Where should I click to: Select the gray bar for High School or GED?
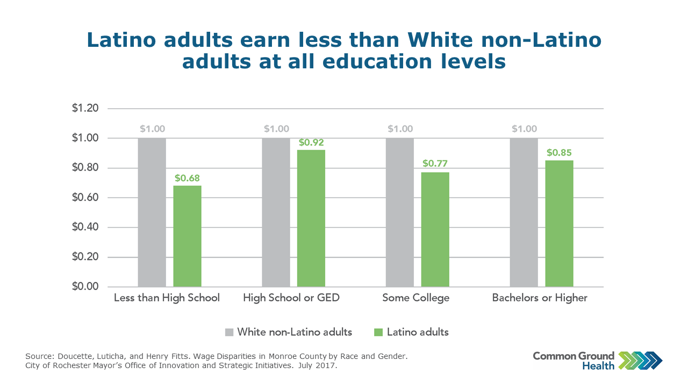coord(276,212)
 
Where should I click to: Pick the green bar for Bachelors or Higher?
coord(559,223)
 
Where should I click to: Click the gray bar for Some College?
coord(400,212)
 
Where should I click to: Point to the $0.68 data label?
coord(187,178)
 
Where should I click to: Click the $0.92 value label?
coord(311,143)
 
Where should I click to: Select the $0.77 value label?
coord(435,163)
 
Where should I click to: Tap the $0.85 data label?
coord(559,152)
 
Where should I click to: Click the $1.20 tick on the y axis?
coord(85,109)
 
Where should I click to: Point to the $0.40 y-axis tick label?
coord(85,228)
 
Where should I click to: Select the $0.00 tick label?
coord(85,287)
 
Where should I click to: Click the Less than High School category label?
coord(167,298)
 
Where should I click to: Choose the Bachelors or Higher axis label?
coord(540,298)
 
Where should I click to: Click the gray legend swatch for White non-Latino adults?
coord(230,332)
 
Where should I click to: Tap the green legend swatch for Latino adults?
coord(378,332)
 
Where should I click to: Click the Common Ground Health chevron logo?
coord(641,360)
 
